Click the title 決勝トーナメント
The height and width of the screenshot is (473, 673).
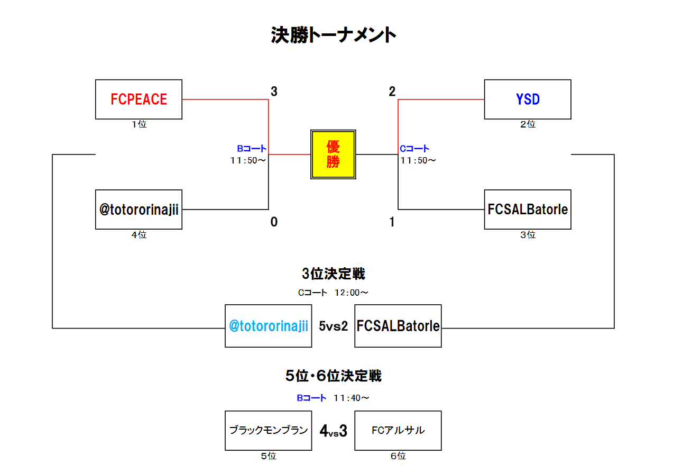tap(333, 35)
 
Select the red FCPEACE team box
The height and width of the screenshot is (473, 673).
tap(139, 99)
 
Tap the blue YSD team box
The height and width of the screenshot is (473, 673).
tap(528, 99)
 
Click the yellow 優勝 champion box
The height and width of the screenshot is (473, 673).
tap(333, 154)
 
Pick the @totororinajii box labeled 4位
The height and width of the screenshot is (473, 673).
tap(139, 210)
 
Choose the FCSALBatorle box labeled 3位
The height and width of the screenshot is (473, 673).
tap(528, 210)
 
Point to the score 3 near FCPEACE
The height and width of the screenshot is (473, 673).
tap(274, 92)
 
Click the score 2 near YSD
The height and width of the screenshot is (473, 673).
tap(392, 92)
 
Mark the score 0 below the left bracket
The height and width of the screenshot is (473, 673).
tap(274, 222)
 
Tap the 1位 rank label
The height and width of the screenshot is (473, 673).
tap(139, 124)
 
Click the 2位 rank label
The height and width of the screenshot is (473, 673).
tap(528, 124)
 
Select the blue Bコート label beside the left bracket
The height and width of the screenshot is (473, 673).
tap(252, 149)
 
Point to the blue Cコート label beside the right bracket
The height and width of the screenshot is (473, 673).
tap(414, 149)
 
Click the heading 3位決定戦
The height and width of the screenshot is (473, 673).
tap(333, 274)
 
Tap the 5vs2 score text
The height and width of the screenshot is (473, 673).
tap(333, 326)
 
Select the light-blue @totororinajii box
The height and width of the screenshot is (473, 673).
tap(268, 326)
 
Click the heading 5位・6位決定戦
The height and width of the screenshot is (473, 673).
tap(333, 376)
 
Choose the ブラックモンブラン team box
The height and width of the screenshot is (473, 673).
tap(268, 431)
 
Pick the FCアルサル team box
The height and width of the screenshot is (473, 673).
tap(398, 431)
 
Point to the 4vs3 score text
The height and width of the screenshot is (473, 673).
tap(333, 431)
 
